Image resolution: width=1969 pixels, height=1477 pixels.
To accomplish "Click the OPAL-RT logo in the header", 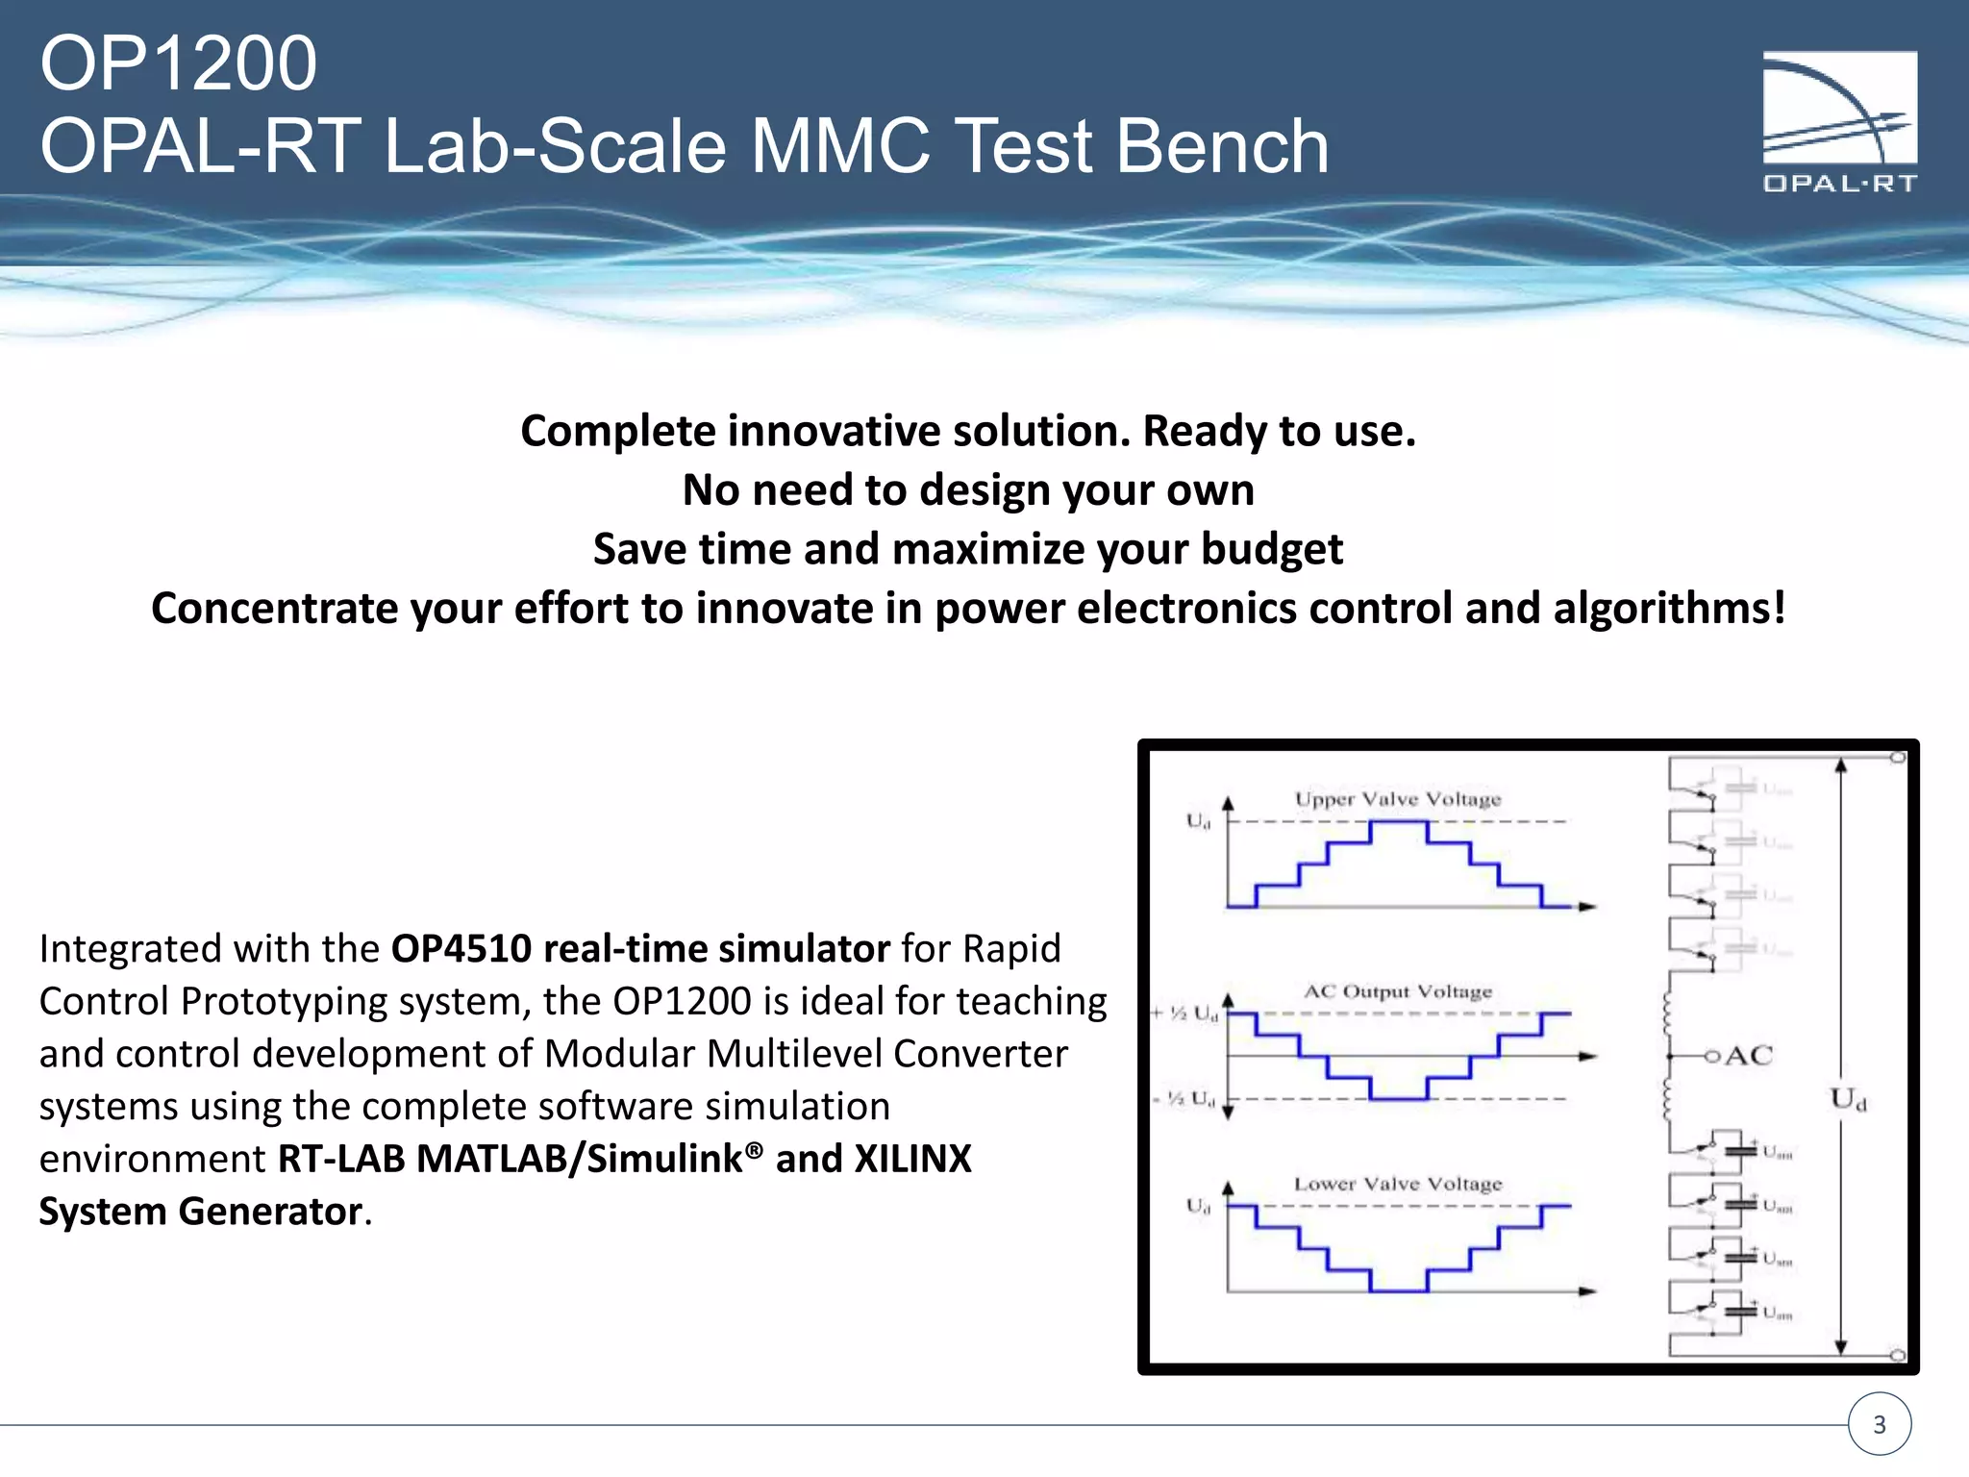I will [x=1839, y=121].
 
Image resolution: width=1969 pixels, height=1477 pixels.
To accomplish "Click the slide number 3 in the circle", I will [x=1880, y=1424].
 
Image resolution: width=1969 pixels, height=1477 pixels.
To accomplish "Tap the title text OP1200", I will [x=179, y=63].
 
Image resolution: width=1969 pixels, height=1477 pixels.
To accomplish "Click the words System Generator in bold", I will [x=200, y=1212].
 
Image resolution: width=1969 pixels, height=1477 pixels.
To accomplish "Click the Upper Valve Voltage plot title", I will [x=1397, y=799].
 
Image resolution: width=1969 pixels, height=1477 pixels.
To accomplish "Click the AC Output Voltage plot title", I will [x=1397, y=991].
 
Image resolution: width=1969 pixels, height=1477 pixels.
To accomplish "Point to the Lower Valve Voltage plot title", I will [x=1397, y=1184].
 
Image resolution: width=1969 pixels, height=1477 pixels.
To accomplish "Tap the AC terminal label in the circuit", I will [x=1748, y=1056].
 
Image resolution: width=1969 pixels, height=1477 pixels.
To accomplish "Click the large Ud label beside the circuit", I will [x=1847, y=1098].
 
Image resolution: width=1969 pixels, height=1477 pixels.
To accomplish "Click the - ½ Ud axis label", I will [x=1184, y=1098].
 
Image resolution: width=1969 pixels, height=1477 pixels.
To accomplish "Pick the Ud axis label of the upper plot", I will [x=1198, y=821].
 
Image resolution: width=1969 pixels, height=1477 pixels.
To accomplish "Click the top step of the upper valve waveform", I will [x=1398, y=822].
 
